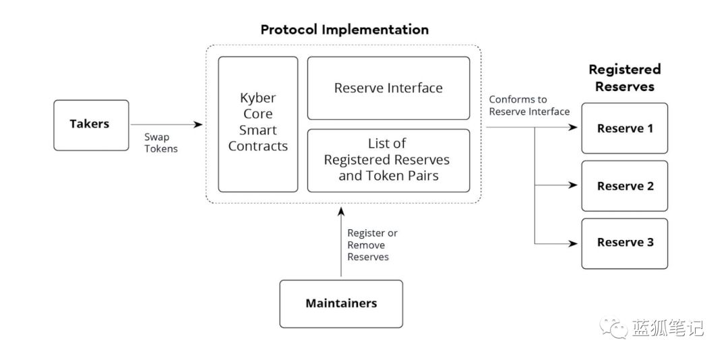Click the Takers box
91,125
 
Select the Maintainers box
341,304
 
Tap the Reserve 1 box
624,128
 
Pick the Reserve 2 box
624,186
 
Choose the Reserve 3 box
624,243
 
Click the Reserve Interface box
389,88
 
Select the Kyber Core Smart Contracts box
258,124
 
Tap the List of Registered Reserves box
389,160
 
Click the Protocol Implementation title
344,30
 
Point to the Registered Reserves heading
624,78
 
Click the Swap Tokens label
160,143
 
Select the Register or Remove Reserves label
372,245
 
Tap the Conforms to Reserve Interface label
529,105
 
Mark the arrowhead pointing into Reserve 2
573,185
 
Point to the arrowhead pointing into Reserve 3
573,243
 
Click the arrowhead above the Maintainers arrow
341,212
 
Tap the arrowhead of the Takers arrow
199,125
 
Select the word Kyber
258,98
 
